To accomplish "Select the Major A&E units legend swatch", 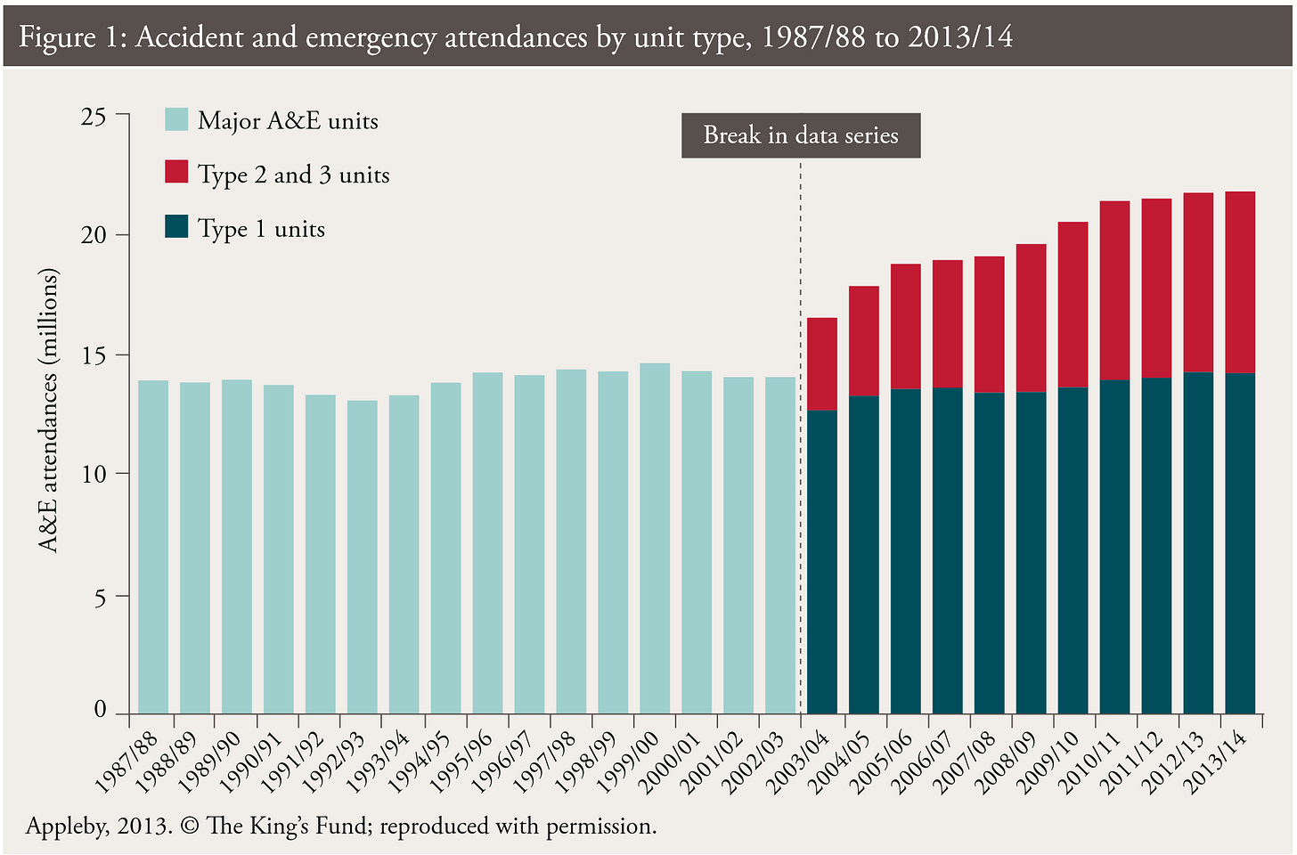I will [x=176, y=119].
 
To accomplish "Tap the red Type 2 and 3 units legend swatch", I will [x=176, y=172].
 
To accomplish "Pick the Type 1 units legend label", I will [x=261, y=229].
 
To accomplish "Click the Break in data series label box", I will [x=800, y=135].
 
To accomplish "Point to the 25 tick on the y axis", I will [x=94, y=116].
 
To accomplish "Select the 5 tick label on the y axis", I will [x=100, y=597].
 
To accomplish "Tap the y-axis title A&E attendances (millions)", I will [x=49, y=410].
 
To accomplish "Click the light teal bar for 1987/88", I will [x=153, y=547].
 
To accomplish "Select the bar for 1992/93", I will [x=362, y=557].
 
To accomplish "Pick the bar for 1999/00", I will [x=655, y=538].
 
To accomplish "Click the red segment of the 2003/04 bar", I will [x=822, y=363].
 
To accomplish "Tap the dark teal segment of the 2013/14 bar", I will [x=1240, y=543].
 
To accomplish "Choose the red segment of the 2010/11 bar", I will [x=1114, y=290].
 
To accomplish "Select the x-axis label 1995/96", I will [x=461, y=762].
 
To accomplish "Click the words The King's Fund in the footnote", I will [x=288, y=826].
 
